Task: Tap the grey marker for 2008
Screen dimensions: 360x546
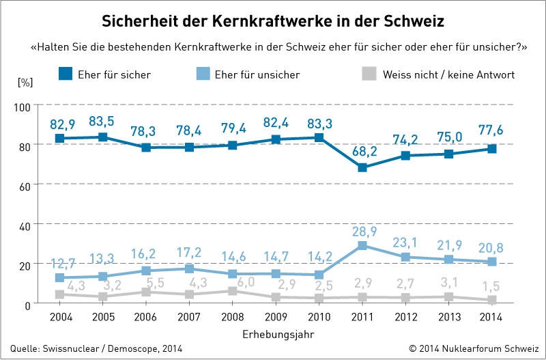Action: point(232,291)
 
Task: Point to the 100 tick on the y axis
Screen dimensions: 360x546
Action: point(25,107)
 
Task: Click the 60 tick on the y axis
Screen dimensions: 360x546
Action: point(27,185)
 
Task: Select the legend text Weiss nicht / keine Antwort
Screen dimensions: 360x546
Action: point(448,74)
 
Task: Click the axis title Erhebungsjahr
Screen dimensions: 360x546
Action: point(271,334)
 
